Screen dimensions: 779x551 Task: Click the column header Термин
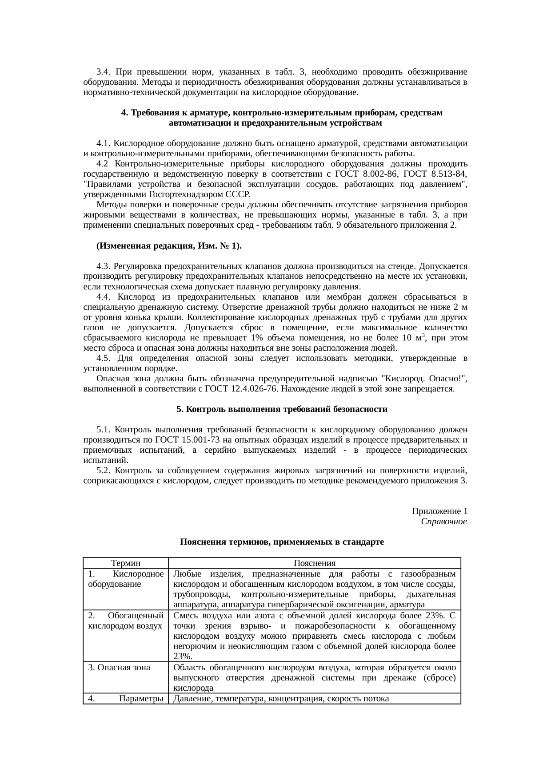(126, 563)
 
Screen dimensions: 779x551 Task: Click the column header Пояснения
(315, 563)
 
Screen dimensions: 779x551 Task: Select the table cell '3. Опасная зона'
(119, 668)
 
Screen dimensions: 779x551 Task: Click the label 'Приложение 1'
(439, 511)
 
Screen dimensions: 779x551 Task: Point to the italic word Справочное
(443, 522)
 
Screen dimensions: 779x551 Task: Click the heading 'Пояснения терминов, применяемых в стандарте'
(282, 542)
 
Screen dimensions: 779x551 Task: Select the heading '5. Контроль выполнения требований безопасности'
(282, 409)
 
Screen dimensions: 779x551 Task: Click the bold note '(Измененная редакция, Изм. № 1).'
(169, 246)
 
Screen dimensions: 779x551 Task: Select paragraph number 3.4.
(103, 72)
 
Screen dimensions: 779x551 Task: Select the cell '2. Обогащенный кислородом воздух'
(126, 621)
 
